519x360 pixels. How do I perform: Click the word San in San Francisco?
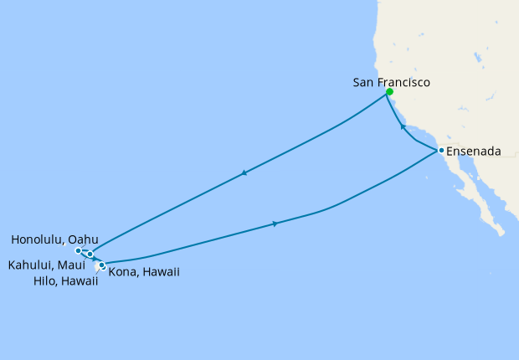tap(365, 83)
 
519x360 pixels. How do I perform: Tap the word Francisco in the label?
tap(403, 83)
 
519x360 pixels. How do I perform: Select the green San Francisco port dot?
tap(389, 92)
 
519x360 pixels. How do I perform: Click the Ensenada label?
tap(474, 152)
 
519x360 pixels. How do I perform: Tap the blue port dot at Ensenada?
tap(440, 151)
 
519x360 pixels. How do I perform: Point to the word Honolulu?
tap(39, 239)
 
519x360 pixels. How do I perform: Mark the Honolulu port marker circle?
tap(78, 250)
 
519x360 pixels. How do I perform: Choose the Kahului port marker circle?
tap(90, 254)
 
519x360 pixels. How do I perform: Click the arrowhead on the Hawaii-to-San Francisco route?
tap(244, 173)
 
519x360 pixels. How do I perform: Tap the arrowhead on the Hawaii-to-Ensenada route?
tap(275, 224)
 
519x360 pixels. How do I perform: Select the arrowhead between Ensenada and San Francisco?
tap(403, 127)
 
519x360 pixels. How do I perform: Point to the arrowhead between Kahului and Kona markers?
tap(95, 260)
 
